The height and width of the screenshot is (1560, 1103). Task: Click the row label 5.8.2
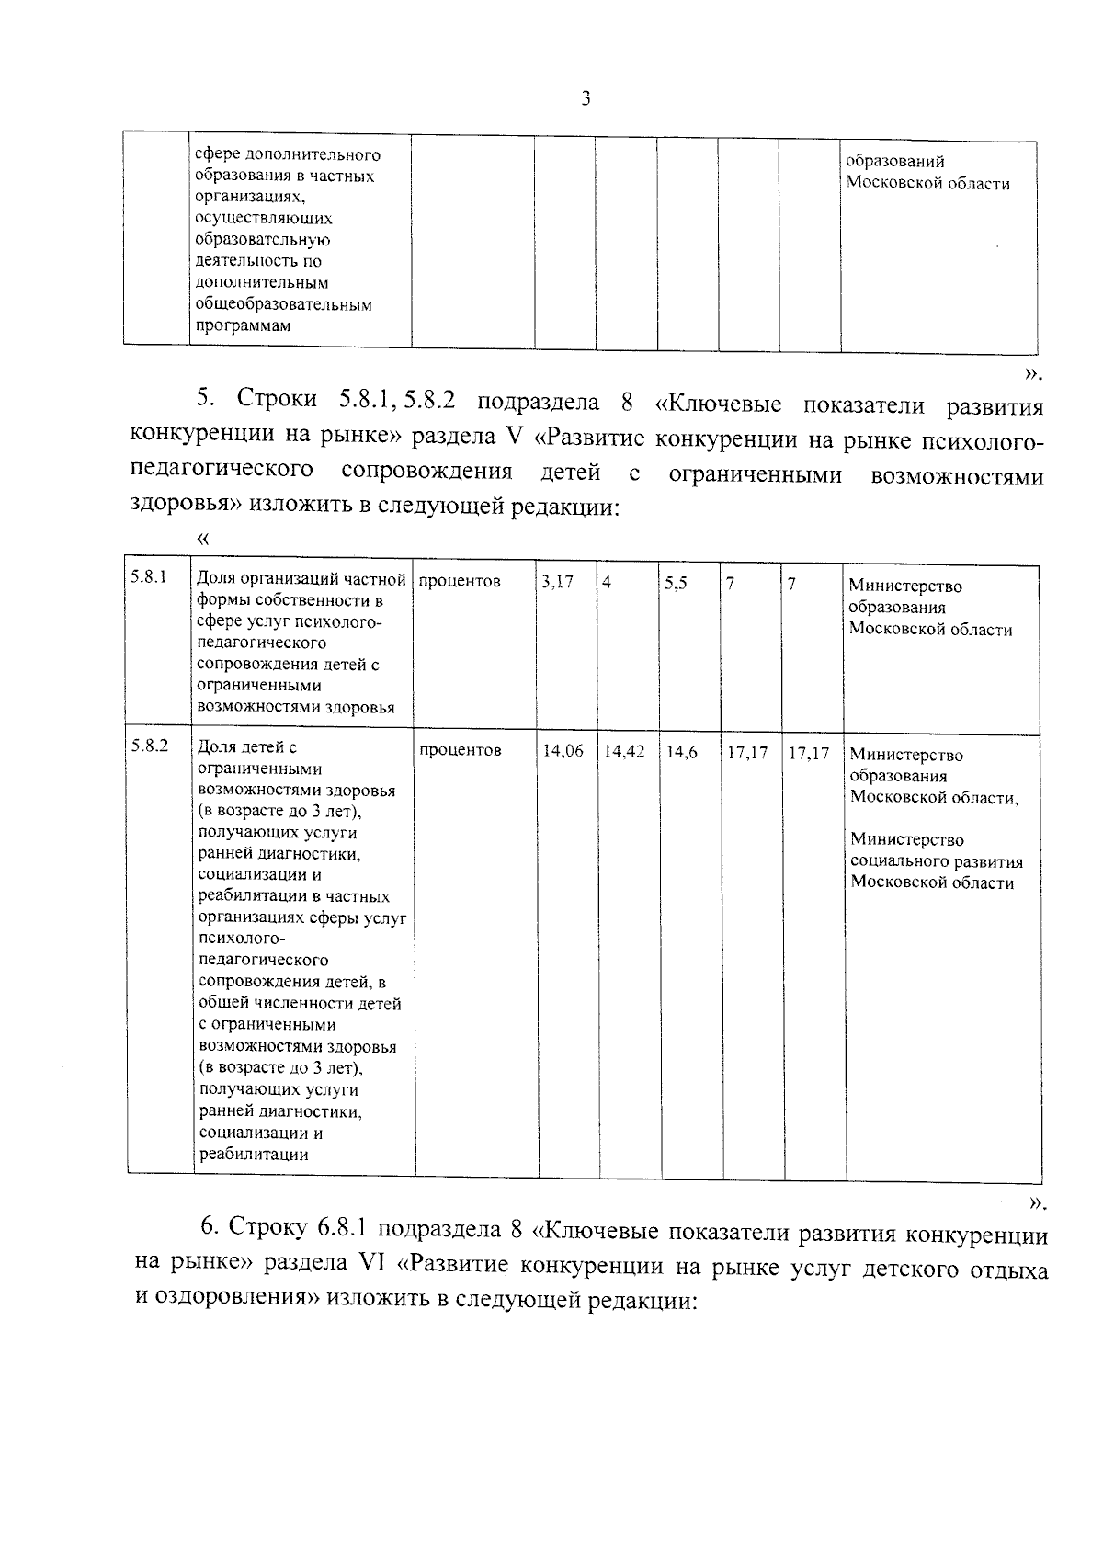[149, 746]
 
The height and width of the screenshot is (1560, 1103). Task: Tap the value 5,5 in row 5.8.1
[676, 583]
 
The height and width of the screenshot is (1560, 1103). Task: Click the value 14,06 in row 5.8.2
[563, 751]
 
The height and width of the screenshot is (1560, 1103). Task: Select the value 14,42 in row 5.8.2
[624, 751]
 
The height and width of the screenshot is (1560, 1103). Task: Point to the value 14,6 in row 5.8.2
[681, 752]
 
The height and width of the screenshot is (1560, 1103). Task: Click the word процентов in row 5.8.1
[460, 581]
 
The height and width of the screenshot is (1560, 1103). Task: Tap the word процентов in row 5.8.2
[461, 750]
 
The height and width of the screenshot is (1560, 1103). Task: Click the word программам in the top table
[242, 325]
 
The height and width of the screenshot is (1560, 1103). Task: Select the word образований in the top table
[894, 162]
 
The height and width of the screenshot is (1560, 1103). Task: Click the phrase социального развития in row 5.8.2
[936, 861]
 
